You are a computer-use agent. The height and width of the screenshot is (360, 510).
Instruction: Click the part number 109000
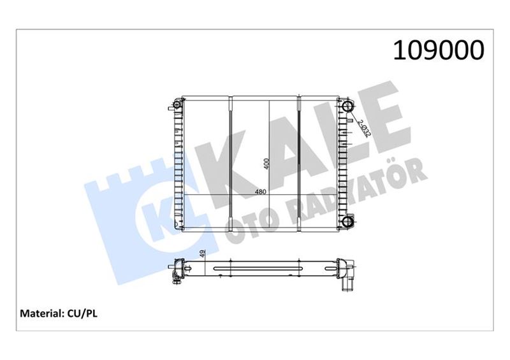[439, 50]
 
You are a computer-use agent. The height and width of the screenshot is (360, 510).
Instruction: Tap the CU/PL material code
[82, 314]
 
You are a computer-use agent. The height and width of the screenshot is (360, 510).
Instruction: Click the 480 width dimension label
[260, 192]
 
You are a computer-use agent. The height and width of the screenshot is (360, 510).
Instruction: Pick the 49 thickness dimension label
[202, 254]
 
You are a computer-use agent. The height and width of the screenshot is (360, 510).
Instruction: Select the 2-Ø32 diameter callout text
[364, 129]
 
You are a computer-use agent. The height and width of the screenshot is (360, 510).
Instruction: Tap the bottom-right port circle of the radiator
[347, 222]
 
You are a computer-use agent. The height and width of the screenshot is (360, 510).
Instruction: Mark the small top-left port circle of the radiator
[177, 105]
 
